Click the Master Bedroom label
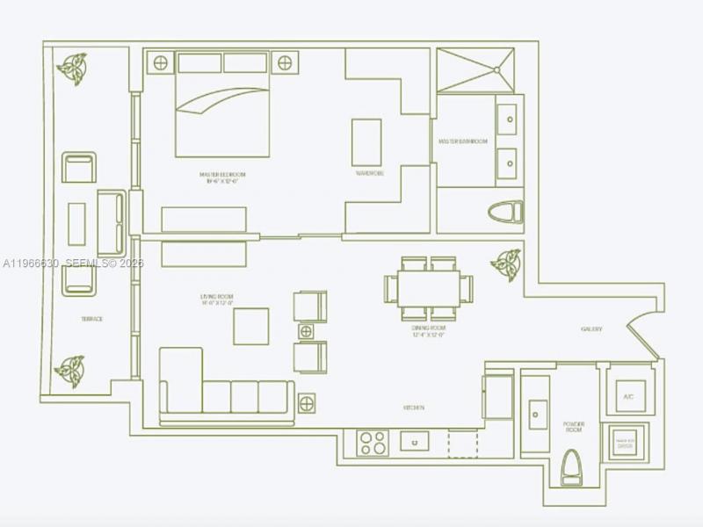point(222,177)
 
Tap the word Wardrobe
point(369,174)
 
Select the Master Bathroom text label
point(462,141)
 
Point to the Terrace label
point(92,319)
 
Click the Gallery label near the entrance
point(591,329)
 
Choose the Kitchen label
point(415,408)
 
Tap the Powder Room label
point(574,428)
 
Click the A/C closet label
point(628,396)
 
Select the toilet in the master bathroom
point(506,213)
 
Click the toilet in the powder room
point(572,468)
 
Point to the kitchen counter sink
point(414,441)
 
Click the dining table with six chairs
point(428,288)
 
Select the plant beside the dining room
point(506,263)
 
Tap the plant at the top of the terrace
point(71,69)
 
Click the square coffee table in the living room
point(251,326)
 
